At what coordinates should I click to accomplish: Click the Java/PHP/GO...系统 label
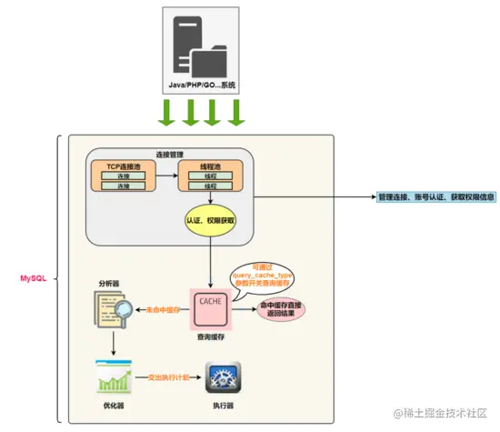tap(202, 85)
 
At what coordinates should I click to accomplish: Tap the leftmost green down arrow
tap(166, 112)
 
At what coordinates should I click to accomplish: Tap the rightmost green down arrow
tap(237, 112)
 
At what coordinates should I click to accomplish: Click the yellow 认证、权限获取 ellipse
tap(211, 220)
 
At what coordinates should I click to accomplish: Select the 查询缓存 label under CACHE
tap(210, 337)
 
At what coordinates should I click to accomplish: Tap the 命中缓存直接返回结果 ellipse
tap(281, 309)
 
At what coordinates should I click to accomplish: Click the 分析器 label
tap(108, 284)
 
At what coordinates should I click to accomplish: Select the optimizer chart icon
tap(112, 376)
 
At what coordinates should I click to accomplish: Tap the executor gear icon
tap(224, 376)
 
